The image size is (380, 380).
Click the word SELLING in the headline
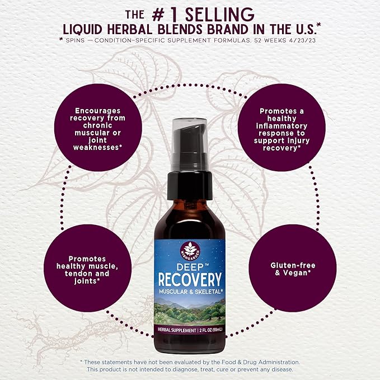point(219,15)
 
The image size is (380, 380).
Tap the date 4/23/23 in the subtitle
point(302,40)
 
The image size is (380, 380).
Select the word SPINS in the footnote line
point(75,40)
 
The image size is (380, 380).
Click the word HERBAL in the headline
point(130,30)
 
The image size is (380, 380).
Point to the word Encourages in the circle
point(98,111)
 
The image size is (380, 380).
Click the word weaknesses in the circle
point(96,147)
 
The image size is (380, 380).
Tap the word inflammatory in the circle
point(282,126)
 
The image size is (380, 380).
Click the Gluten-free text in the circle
point(293,265)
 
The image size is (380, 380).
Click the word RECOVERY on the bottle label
point(190,279)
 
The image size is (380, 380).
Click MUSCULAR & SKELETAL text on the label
point(191,292)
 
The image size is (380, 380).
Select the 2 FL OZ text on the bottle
point(206,330)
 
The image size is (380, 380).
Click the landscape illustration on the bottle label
point(190,311)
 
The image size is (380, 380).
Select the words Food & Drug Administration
point(261,362)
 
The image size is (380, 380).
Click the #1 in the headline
point(167,15)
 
